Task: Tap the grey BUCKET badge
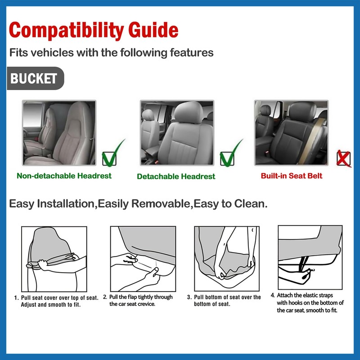(x=34, y=79)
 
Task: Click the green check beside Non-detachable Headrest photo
(x=111, y=154)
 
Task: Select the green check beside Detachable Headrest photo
(x=229, y=154)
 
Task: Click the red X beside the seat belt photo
(x=344, y=158)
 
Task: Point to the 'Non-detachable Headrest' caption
(x=64, y=175)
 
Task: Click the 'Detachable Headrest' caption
(x=176, y=176)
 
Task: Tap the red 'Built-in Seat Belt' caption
(x=291, y=175)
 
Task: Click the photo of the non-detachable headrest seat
(x=59, y=133)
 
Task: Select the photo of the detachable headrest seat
(x=176, y=133)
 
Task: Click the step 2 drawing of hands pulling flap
(x=143, y=259)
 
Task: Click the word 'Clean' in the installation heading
(x=249, y=204)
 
